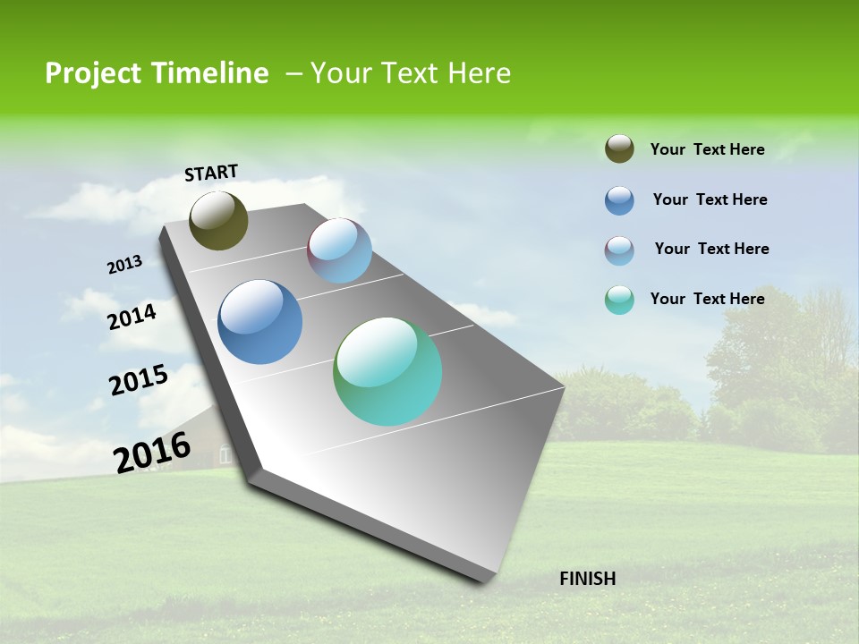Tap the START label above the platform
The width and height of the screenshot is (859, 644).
[x=211, y=173]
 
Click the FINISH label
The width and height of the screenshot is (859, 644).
[x=587, y=579]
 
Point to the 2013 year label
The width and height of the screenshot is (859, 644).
[x=124, y=265]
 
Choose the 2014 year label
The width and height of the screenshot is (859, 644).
[x=132, y=317]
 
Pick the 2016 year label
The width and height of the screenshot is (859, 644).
[x=152, y=452]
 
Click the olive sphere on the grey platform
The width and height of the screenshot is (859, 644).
[x=218, y=220]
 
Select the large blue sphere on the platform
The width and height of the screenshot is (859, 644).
[x=259, y=322]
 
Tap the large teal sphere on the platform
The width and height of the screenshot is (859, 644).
[x=387, y=371]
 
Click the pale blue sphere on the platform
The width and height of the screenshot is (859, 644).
[x=339, y=250]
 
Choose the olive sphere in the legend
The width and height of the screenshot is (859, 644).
[x=619, y=149]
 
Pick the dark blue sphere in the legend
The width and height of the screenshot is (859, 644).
[x=619, y=200]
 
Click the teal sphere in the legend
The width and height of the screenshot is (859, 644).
[x=619, y=300]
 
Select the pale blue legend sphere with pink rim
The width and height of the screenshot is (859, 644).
[x=619, y=250]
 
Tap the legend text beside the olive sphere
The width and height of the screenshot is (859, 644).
[x=707, y=149]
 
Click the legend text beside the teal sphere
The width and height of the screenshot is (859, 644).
[x=707, y=299]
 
